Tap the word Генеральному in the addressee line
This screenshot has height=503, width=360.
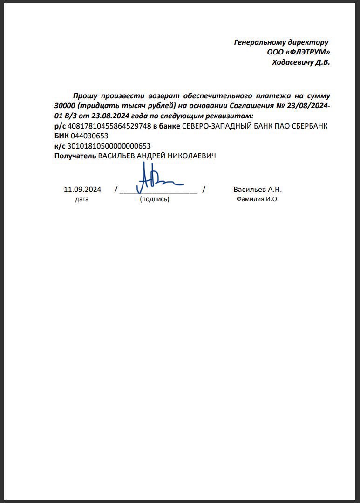257,42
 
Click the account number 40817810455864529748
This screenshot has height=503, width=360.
109,126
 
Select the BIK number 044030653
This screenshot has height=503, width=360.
89,136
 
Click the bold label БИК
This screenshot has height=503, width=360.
61,136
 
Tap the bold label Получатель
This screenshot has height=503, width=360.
75,156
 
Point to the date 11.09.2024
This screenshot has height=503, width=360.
82,190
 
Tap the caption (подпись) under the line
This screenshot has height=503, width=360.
155,199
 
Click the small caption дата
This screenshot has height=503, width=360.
82,199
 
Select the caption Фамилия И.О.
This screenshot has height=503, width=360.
258,199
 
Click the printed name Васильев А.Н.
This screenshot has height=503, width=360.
258,190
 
